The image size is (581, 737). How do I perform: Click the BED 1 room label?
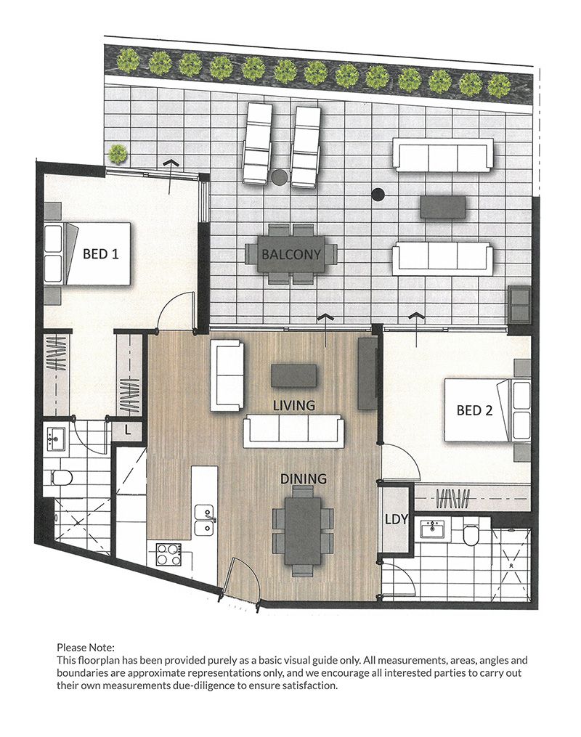[x=101, y=254]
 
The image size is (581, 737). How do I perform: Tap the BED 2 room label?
[x=474, y=410]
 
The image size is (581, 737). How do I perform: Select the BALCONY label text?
[x=291, y=255]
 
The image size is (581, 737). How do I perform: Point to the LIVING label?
[x=294, y=405]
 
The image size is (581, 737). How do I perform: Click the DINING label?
[x=303, y=479]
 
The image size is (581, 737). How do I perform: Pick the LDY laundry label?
[x=397, y=519]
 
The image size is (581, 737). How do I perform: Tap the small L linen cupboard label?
[x=127, y=430]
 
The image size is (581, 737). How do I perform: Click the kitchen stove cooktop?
[x=169, y=554]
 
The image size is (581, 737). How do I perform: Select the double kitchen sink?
[x=205, y=520]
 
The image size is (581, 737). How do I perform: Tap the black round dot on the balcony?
[x=378, y=194]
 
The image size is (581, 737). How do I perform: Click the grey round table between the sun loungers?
[x=280, y=177]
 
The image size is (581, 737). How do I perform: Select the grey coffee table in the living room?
[x=294, y=375]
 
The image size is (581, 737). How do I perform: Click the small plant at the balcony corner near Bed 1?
[x=118, y=153]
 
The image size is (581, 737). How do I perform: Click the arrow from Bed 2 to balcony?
[x=417, y=330]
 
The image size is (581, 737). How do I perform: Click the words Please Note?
[x=86, y=648]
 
